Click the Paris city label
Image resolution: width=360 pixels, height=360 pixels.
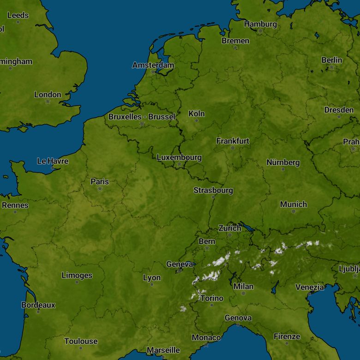click(x=100, y=181)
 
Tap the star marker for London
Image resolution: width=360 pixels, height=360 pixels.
click(x=48, y=102)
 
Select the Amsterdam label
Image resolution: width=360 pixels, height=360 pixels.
click(x=153, y=65)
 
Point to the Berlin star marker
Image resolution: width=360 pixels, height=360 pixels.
click(x=331, y=67)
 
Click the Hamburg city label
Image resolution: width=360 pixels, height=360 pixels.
click(x=260, y=24)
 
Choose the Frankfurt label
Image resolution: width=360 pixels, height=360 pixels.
click(x=233, y=141)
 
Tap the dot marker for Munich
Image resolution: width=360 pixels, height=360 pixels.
click(x=294, y=211)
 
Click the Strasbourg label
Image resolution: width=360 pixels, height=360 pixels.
click(x=213, y=190)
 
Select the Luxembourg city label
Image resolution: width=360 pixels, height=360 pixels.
click(x=179, y=157)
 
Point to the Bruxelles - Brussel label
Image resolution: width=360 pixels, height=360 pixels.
click(x=142, y=117)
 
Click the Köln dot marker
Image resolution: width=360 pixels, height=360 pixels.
click(x=197, y=120)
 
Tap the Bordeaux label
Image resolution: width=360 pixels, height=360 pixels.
click(x=38, y=305)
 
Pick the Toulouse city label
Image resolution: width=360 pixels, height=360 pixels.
click(x=81, y=342)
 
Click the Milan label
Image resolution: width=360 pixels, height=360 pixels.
click(x=243, y=287)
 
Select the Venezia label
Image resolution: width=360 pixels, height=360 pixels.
click(x=310, y=287)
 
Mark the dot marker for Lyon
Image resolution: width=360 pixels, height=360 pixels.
click(x=152, y=285)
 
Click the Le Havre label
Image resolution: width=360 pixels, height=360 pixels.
click(x=53, y=161)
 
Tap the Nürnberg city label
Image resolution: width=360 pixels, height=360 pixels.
click(x=283, y=162)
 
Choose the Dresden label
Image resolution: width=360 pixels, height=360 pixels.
click(x=339, y=110)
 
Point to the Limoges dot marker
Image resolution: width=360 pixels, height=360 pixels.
click(x=77, y=282)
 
